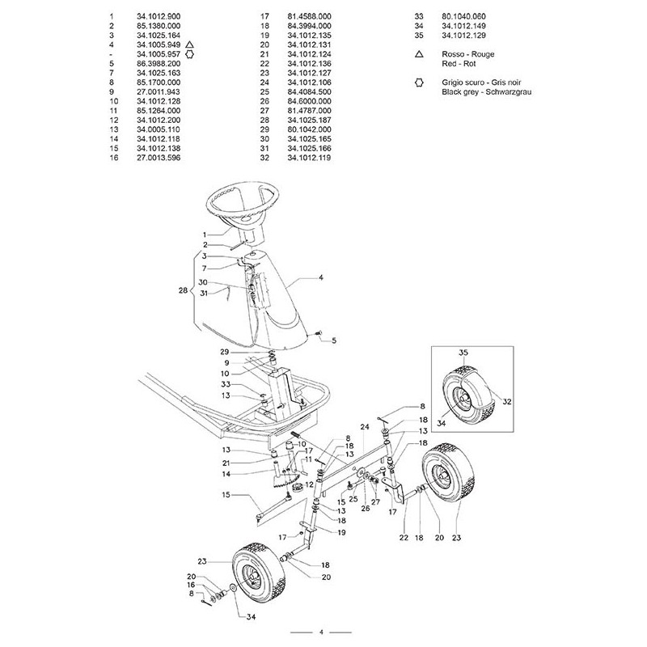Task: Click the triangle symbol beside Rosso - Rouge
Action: click(x=420, y=53)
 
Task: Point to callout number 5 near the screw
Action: click(x=332, y=339)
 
